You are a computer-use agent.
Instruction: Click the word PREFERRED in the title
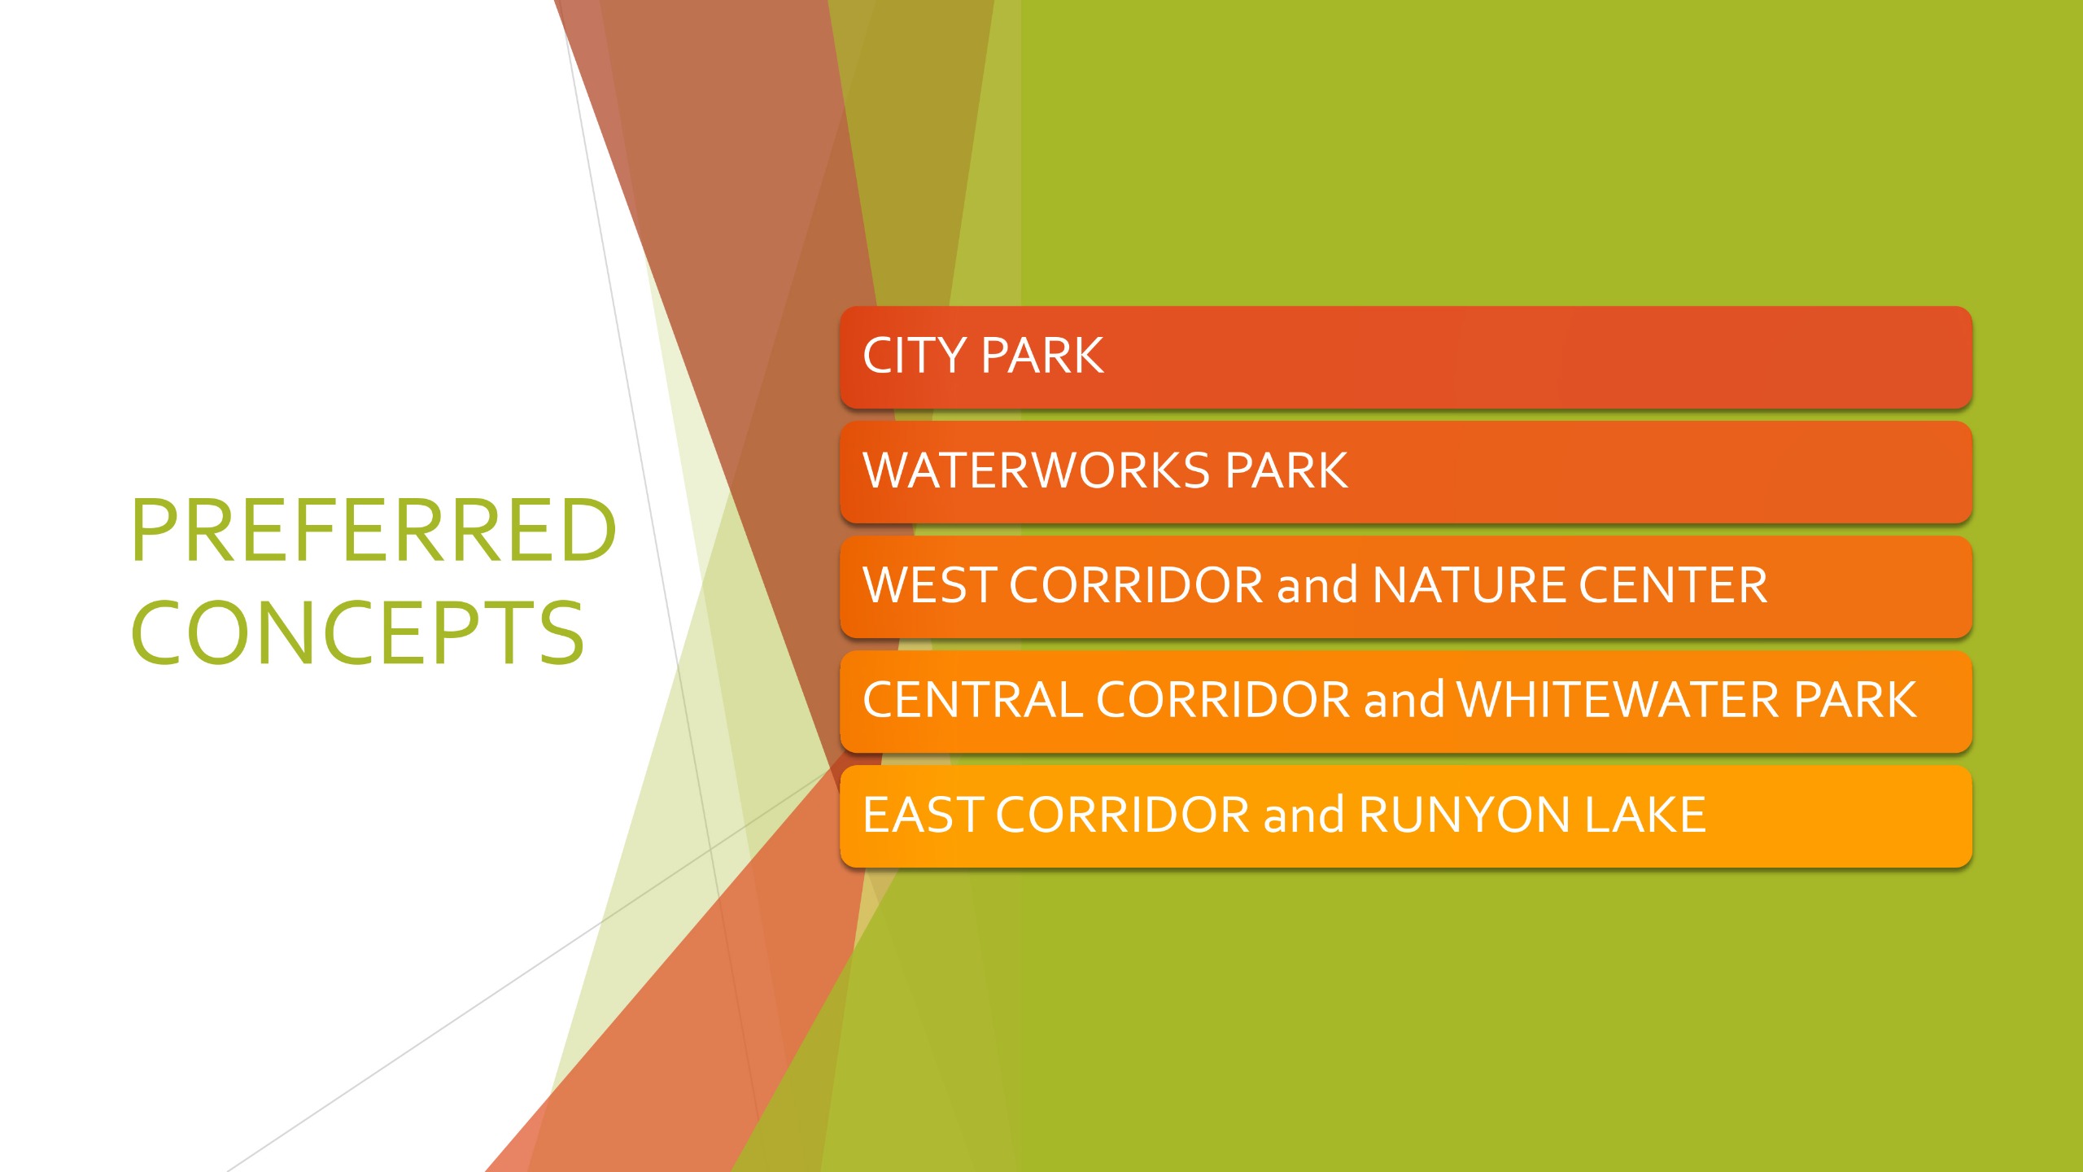click(373, 530)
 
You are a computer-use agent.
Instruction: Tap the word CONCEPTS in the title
click(357, 632)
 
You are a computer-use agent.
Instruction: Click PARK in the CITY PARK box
click(1043, 356)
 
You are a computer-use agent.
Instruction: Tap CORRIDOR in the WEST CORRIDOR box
click(1136, 585)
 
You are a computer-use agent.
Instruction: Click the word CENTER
click(1673, 585)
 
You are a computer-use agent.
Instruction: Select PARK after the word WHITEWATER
click(1856, 700)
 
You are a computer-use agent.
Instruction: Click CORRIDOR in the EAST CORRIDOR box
click(1122, 815)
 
